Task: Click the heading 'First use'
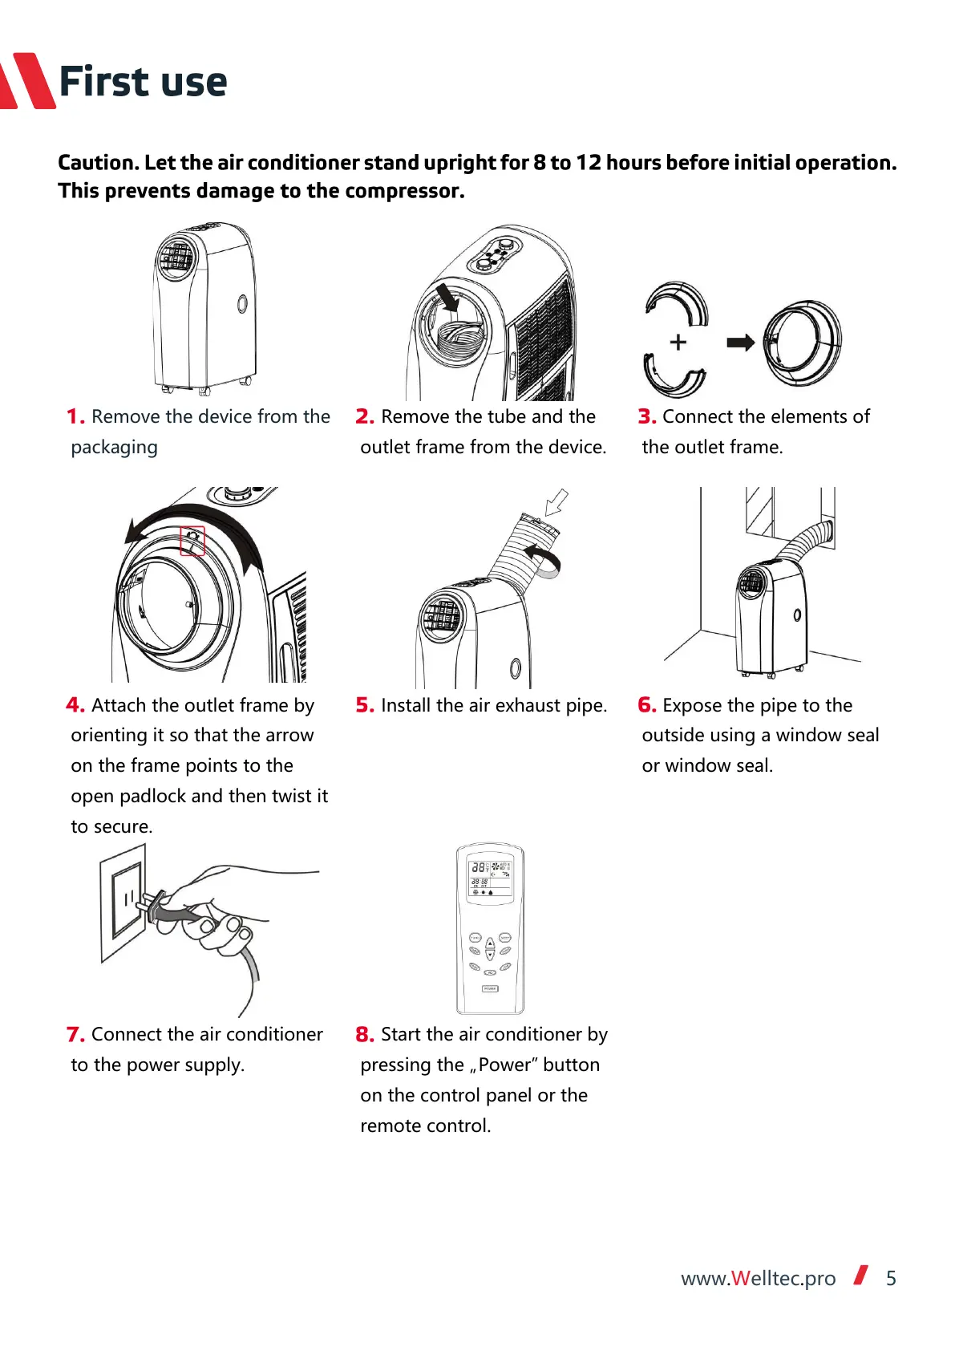pyautogui.click(x=143, y=82)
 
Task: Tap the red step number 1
pyautogui.click(x=75, y=416)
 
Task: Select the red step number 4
pyautogui.click(x=75, y=705)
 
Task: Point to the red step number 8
pyautogui.click(x=365, y=1034)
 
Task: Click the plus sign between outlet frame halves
pyautogui.click(x=678, y=343)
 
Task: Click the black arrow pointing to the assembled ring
pyautogui.click(x=740, y=343)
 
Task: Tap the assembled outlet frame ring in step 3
pyautogui.click(x=802, y=343)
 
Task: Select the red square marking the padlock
pyautogui.click(x=192, y=541)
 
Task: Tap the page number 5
pyautogui.click(x=891, y=1278)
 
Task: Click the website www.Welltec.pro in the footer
pyautogui.click(x=758, y=1278)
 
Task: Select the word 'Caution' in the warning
pyautogui.click(x=97, y=163)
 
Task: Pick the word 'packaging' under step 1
pyautogui.click(x=114, y=447)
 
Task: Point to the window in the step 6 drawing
pyautogui.click(x=760, y=511)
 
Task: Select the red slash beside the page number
pyautogui.click(x=861, y=1275)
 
